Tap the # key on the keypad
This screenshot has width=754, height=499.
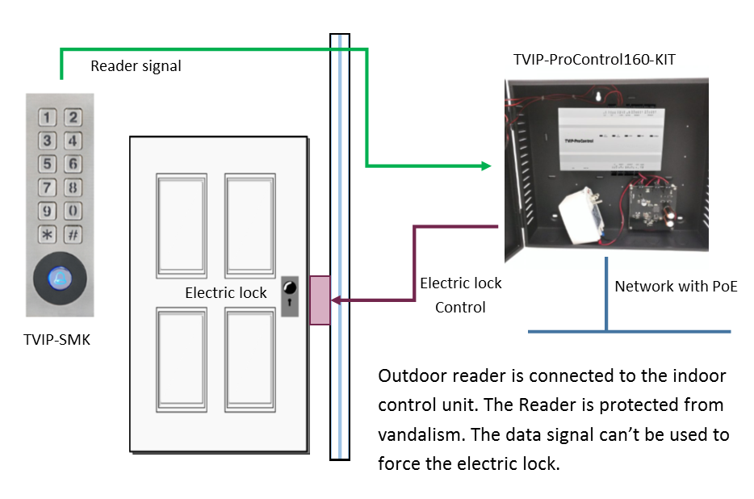[73, 236]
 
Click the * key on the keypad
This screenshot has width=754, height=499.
[48, 236]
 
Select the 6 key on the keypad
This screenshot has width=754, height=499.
[73, 165]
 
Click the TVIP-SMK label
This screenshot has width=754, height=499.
[57, 340]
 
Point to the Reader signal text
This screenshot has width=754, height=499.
[136, 66]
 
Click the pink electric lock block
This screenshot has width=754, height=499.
[320, 300]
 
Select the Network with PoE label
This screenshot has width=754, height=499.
[676, 286]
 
